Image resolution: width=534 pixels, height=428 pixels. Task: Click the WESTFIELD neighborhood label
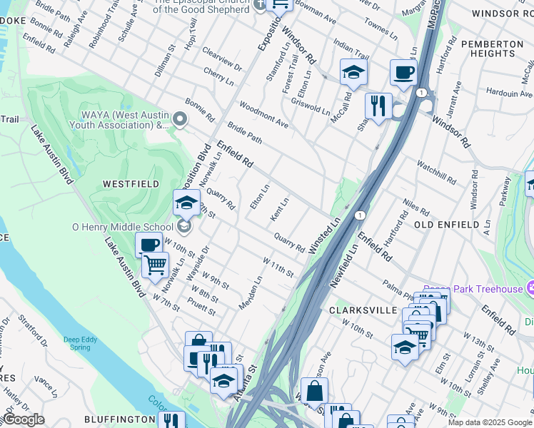[131, 183]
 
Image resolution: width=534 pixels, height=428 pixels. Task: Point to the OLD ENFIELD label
[446, 225]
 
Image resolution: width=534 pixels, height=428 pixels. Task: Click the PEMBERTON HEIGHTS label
[491, 49]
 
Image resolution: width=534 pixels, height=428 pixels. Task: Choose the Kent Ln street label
[279, 209]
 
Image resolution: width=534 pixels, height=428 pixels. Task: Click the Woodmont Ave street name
[263, 114]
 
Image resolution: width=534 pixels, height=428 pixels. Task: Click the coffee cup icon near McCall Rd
[403, 73]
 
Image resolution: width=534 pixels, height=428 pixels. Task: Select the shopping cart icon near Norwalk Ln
[155, 265]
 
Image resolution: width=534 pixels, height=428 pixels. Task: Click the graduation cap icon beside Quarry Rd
[186, 203]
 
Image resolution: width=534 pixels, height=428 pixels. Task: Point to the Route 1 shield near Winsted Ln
[361, 215]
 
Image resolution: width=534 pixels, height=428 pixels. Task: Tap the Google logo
[24, 419]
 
